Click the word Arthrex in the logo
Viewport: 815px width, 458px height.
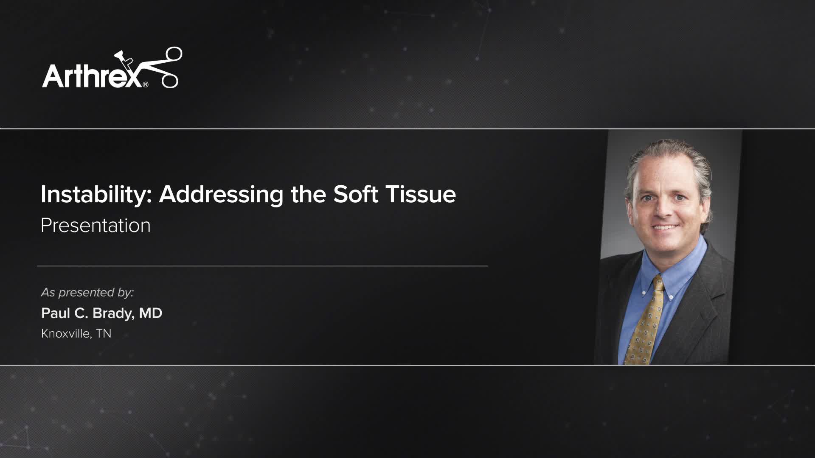pos(91,75)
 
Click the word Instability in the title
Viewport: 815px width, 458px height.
pos(96,195)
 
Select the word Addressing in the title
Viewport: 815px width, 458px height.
pos(221,195)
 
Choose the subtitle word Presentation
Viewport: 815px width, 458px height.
pos(96,225)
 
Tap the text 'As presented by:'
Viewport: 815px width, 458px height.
pos(87,292)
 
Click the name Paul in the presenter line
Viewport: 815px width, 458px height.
pos(56,313)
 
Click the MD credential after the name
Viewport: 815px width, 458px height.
pos(151,313)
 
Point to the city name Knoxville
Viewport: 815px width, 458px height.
pos(65,333)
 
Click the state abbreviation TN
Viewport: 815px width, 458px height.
pos(104,333)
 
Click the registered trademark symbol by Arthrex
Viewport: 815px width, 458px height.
pos(146,84)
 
